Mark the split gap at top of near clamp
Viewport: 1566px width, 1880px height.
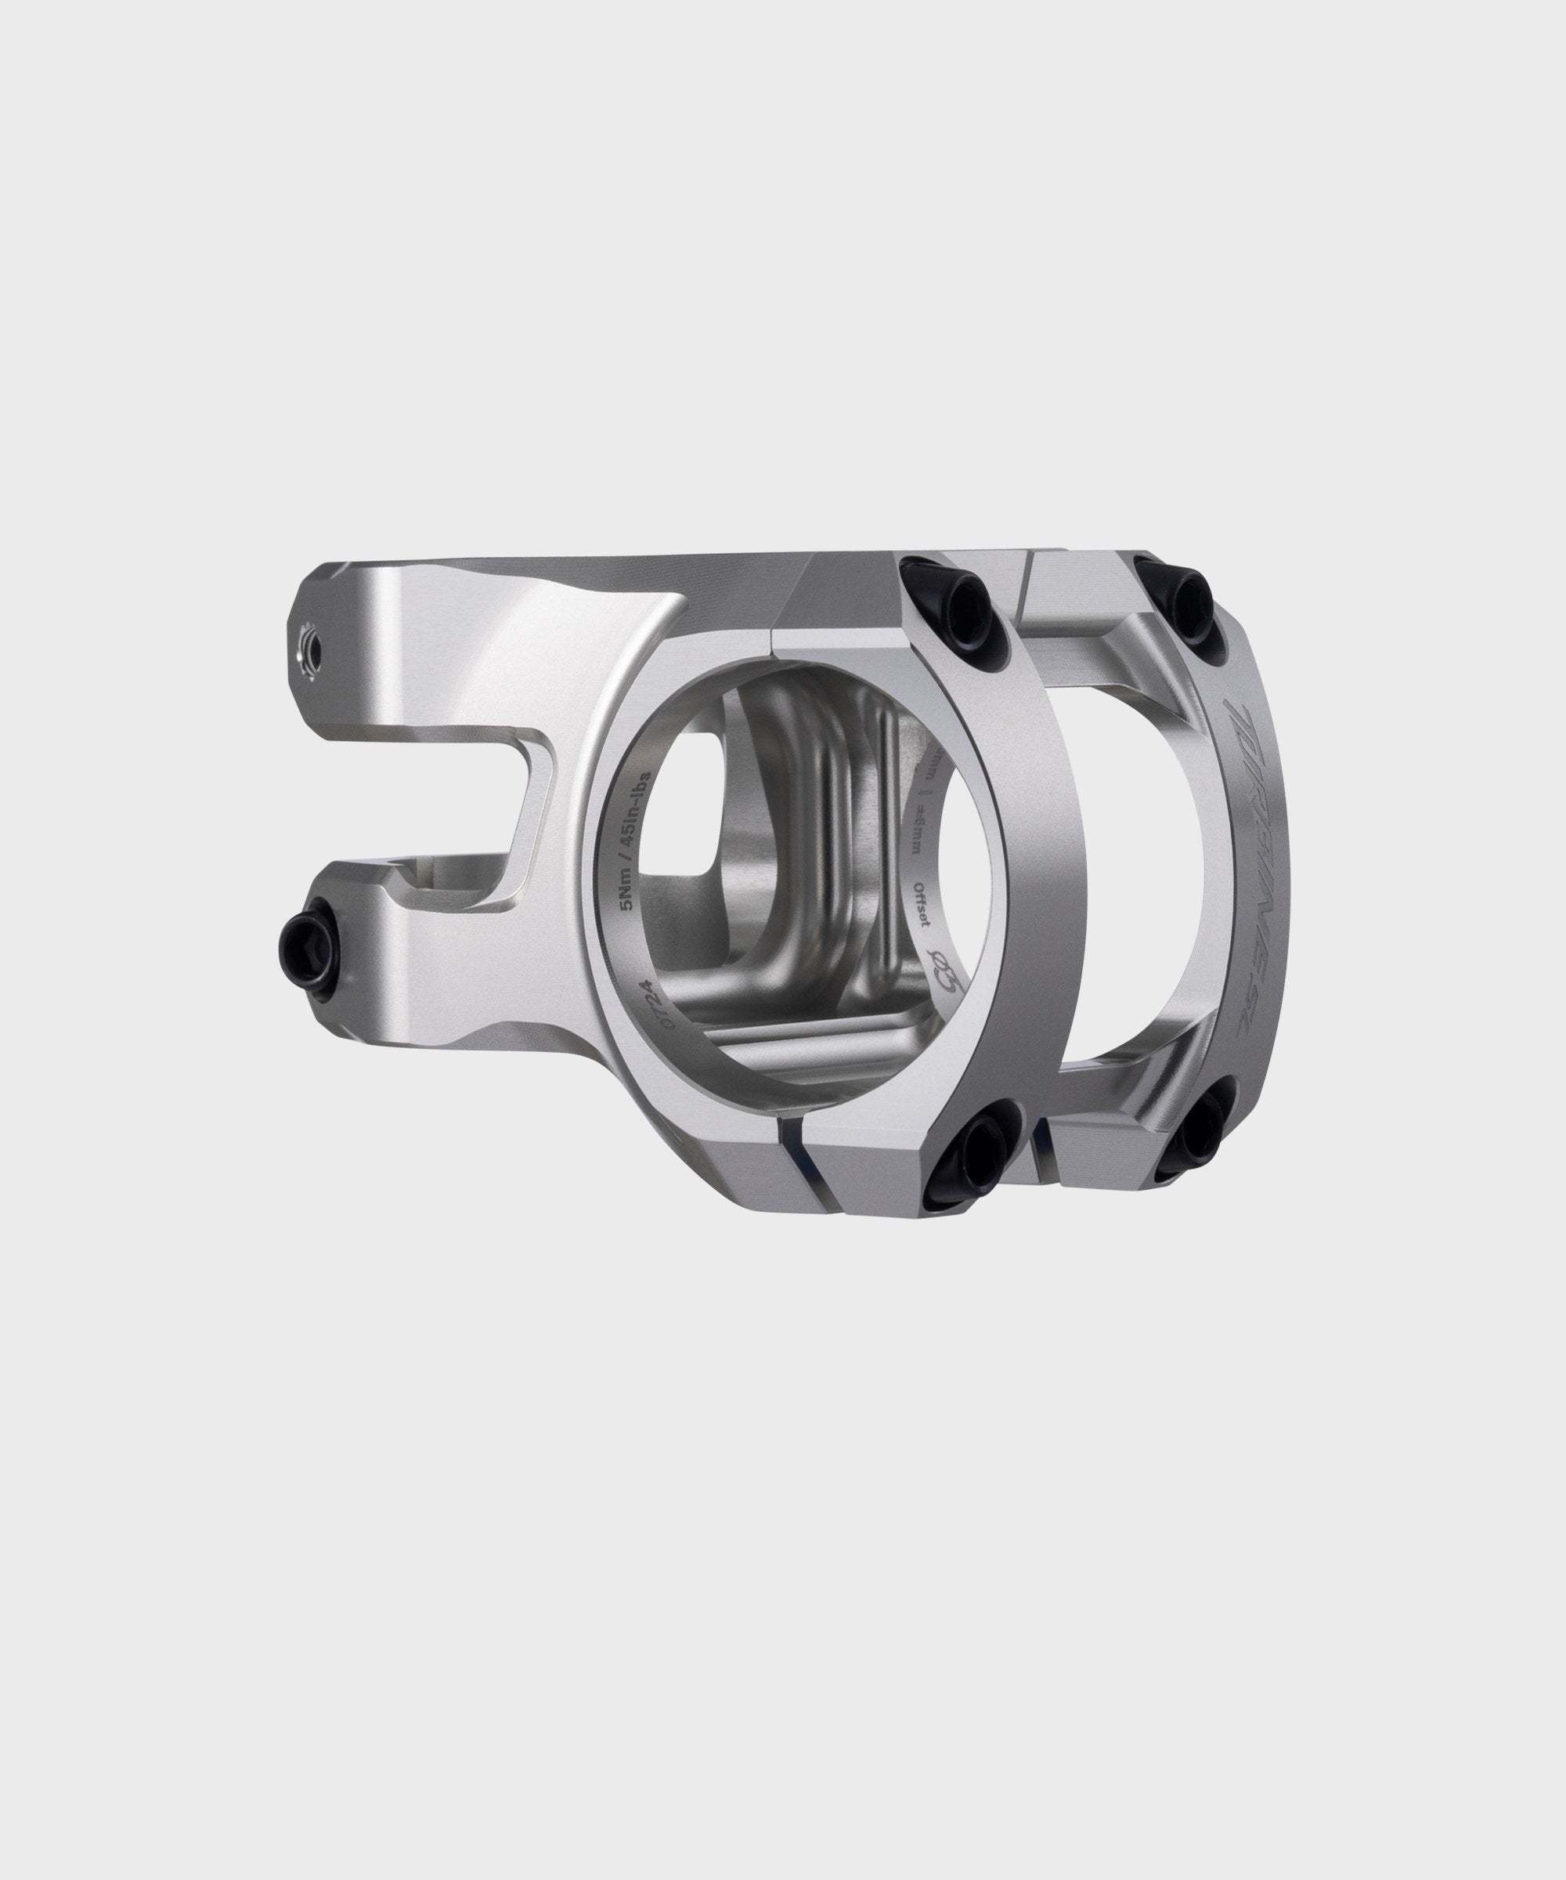[773, 638]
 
